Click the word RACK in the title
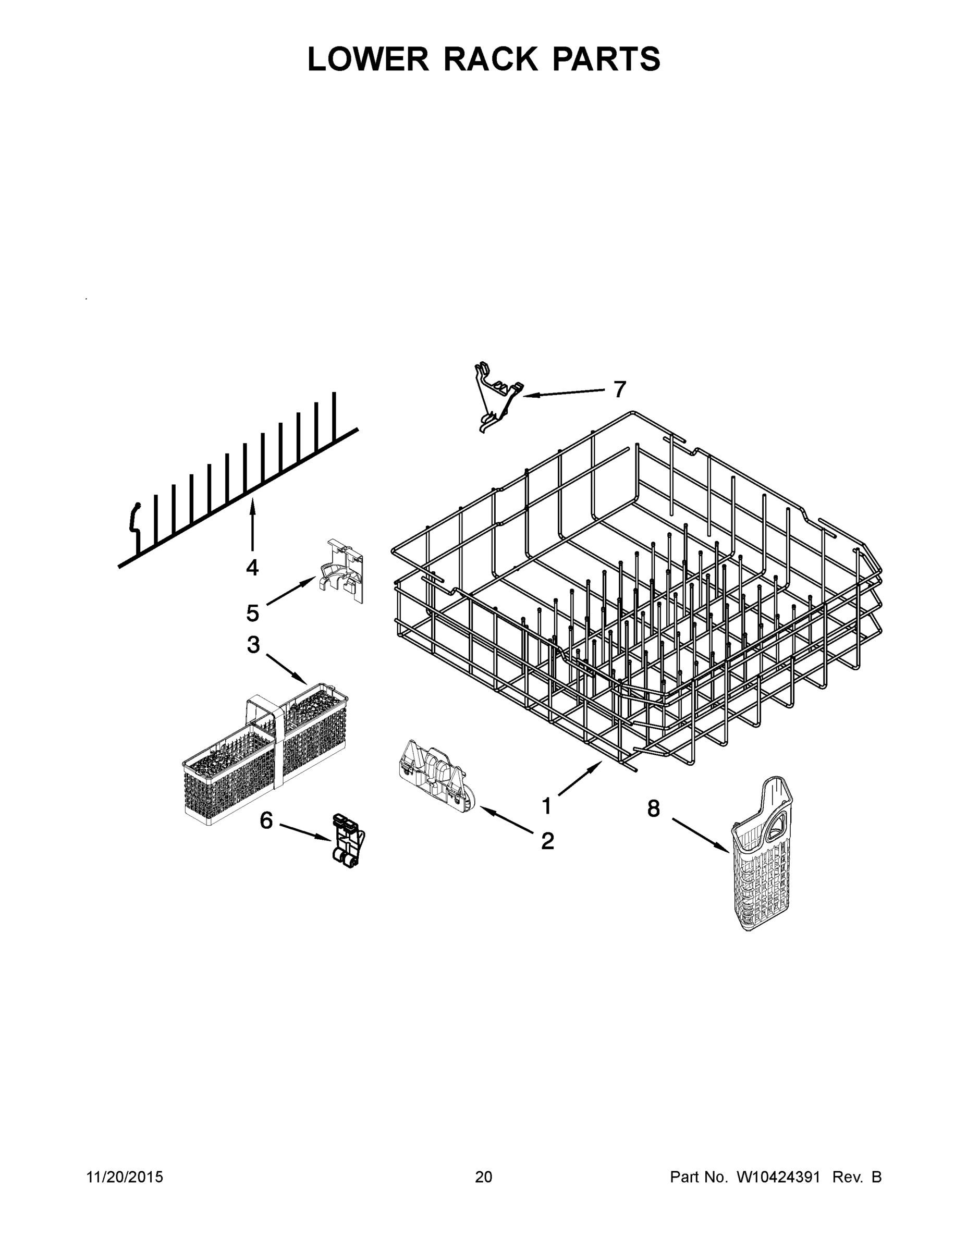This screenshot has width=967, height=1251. pos(491,59)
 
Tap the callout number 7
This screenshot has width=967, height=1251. pos(620,389)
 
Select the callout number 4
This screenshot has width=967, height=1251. pos(252,567)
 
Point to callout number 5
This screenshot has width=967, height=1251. pos(253,614)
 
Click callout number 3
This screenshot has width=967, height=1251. pos(253,644)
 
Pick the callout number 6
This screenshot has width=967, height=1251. pos(266,821)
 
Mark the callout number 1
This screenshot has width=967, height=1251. pos(546,806)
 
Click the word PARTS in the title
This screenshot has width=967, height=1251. pos(606,59)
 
